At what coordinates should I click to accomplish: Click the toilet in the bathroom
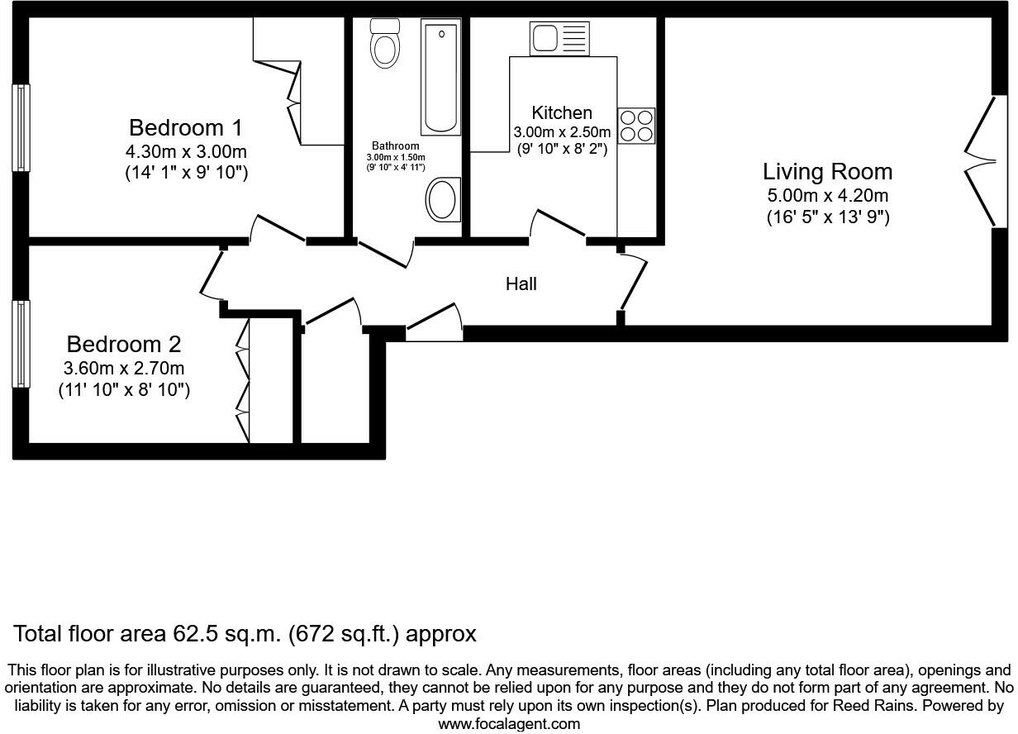(384, 43)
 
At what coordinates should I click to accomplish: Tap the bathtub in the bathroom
(440, 79)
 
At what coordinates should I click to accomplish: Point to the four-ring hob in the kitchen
(636, 126)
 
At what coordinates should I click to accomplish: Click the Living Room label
(826, 172)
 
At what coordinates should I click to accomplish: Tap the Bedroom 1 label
(186, 128)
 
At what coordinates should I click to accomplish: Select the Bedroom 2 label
(124, 344)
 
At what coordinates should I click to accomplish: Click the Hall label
(521, 284)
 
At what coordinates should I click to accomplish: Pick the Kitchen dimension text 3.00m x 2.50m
(562, 132)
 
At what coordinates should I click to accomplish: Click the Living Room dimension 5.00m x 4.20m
(826, 196)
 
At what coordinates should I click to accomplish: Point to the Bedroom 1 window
(21, 128)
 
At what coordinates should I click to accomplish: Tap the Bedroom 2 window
(21, 344)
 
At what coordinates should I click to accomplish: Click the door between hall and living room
(634, 281)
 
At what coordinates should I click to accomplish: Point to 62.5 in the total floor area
(194, 634)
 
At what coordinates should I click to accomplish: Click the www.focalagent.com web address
(508, 724)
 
